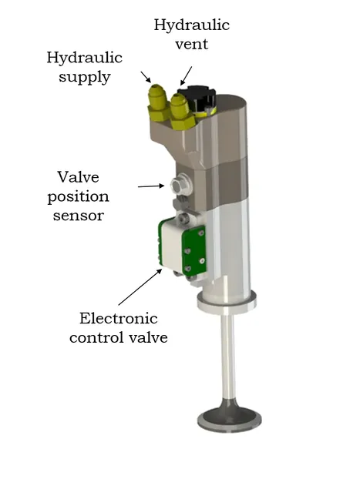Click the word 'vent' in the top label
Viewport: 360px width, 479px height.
point(191,44)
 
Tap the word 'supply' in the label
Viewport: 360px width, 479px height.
point(85,77)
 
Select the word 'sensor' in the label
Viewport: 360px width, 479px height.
point(79,216)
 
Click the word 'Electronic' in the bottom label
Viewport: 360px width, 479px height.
point(119,318)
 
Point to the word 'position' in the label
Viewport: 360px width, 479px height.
point(79,197)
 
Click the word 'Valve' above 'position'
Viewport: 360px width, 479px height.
point(79,177)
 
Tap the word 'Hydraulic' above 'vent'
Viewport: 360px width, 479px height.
point(191,25)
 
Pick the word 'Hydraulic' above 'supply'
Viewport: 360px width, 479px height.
point(85,58)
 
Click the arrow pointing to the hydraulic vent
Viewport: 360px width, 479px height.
point(187,75)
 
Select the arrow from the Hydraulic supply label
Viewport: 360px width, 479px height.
point(146,77)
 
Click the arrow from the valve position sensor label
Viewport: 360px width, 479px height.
point(151,186)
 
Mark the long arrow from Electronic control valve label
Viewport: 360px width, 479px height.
point(140,286)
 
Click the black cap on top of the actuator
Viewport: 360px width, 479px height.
point(197,97)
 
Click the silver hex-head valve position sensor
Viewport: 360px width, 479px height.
point(180,185)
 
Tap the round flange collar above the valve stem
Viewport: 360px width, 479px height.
point(227,303)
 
